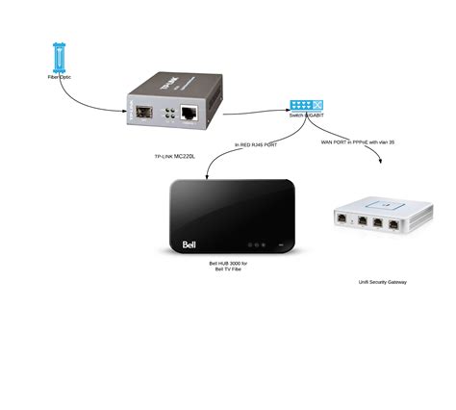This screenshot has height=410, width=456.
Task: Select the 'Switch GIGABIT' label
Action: (308, 115)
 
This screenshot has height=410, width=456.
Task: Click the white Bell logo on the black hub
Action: (193, 243)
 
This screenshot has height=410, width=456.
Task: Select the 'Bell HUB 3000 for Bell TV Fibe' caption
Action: (228, 265)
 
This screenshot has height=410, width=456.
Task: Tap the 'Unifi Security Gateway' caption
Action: (382, 282)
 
